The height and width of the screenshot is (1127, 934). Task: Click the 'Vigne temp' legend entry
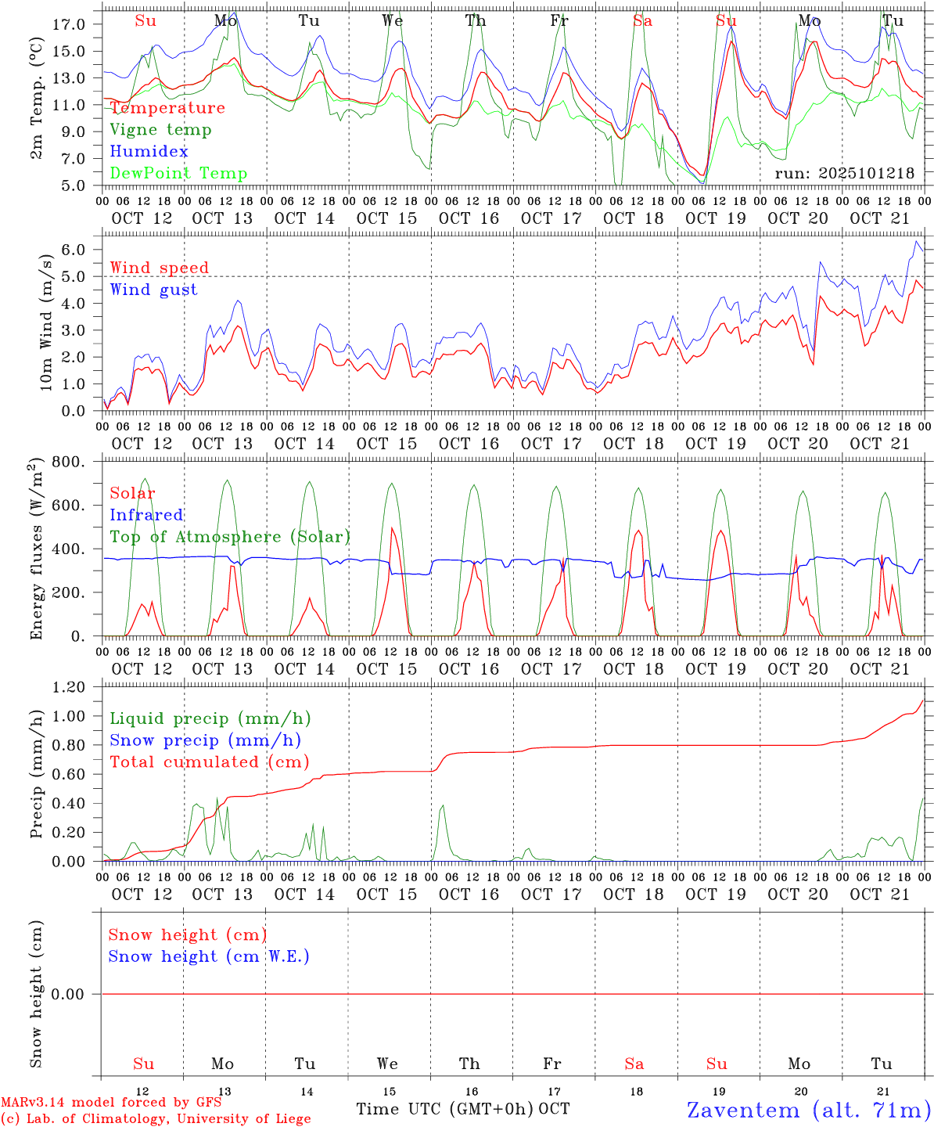[x=160, y=130]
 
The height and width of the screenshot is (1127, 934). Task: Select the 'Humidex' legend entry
[x=149, y=152]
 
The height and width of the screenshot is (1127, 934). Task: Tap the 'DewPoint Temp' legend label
[x=178, y=174]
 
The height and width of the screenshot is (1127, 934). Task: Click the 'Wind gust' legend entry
[x=153, y=290]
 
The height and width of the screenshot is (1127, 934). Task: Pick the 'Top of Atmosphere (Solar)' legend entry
[x=229, y=537]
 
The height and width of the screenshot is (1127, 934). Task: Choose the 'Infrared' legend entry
[x=146, y=515]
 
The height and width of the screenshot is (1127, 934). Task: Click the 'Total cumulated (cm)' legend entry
[x=209, y=762]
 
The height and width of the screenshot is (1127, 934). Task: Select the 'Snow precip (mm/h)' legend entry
[x=205, y=740]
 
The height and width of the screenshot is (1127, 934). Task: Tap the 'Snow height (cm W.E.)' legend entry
[x=208, y=956]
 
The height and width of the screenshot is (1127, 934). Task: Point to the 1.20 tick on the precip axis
[x=68, y=687]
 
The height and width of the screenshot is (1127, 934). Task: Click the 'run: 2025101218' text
[x=844, y=174]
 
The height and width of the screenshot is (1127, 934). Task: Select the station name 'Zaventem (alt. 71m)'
[x=809, y=1110]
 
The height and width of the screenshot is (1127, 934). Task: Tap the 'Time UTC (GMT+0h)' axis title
[x=445, y=1109]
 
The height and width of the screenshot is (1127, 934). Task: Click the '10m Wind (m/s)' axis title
[x=46, y=322]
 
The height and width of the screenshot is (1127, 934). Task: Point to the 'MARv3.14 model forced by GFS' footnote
[x=111, y=1103]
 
